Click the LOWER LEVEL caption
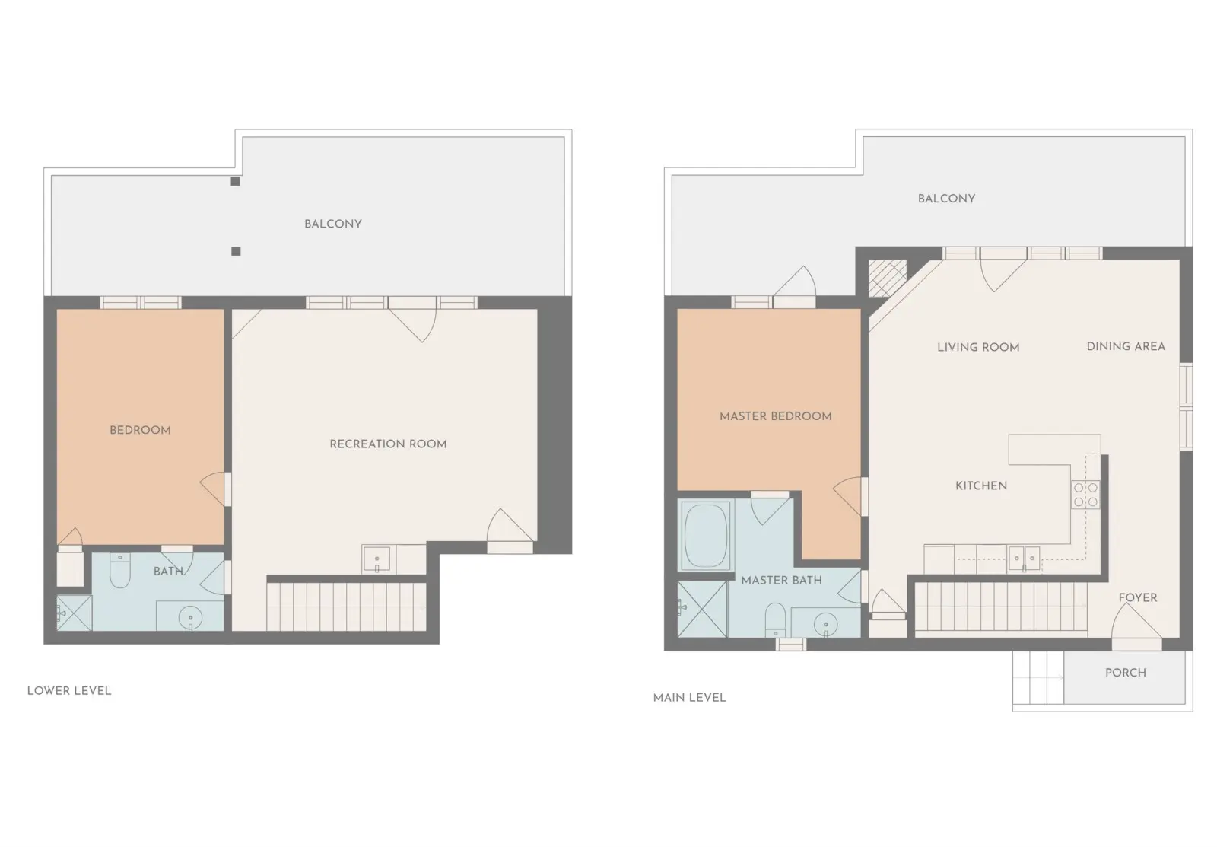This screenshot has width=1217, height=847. click(x=69, y=691)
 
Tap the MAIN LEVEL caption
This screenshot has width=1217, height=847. click(x=689, y=698)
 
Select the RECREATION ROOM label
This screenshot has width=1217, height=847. click(x=388, y=444)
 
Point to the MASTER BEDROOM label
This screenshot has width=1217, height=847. click(x=775, y=416)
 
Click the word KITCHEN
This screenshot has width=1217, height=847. click(x=981, y=486)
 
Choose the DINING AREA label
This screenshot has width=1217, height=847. click(x=1126, y=346)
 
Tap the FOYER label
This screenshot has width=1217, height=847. click(x=1138, y=597)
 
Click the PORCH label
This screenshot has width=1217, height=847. click(x=1126, y=673)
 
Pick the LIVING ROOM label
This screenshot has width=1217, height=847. click(x=978, y=347)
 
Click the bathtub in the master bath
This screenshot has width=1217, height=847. click(x=706, y=536)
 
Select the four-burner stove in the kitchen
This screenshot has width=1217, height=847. click(x=1085, y=495)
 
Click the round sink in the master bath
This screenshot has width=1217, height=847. click(x=825, y=624)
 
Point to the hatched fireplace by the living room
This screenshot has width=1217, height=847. click(x=887, y=279)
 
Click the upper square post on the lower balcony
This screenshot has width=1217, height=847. click(x=235, y=181)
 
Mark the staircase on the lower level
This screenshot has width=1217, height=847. click(x=346, y=607)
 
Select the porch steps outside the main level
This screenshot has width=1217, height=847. click(x=1038, y=677)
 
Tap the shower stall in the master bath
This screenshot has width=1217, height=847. click(x=703, y=609)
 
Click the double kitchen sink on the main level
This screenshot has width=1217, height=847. click(x=1024, y=559)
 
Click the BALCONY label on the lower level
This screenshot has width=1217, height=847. click(x=333, y=224)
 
